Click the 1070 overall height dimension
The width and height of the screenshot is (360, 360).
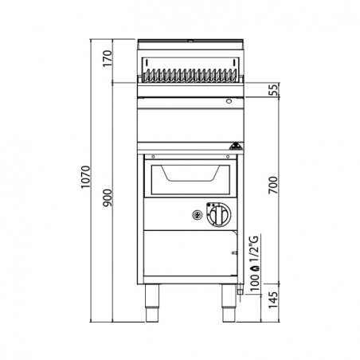click(86, 177)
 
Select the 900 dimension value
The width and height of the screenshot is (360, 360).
click(108, 198)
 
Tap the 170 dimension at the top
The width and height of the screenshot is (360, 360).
click(108, 58)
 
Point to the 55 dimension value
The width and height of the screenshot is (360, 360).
click(275, 89)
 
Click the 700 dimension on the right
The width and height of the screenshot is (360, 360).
click(273, 185)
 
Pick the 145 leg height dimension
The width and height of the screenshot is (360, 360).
click(273, 300)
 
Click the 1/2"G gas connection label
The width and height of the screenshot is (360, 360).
click(255, 249)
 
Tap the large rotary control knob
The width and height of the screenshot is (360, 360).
click(219, 215)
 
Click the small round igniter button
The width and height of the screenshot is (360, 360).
click(198, 215)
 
